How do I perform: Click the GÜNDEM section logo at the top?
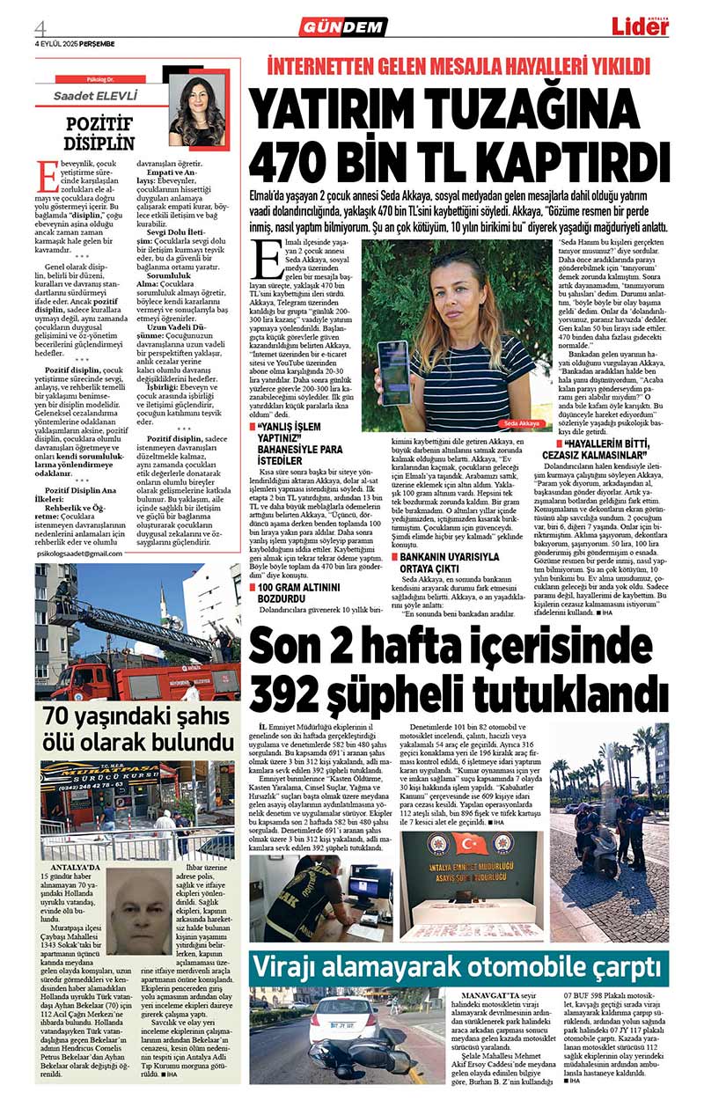pos(342,27)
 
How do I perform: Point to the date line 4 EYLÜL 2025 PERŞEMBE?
pos(75,43)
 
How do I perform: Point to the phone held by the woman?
pos(392,370)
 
